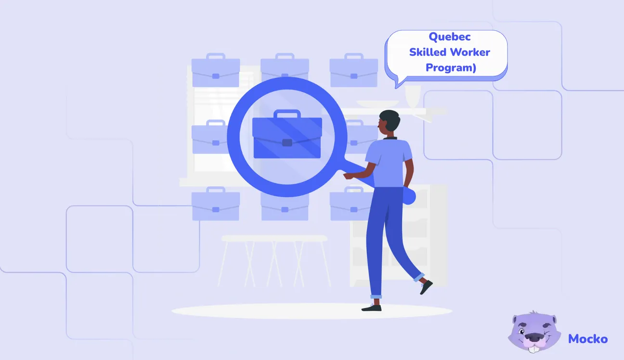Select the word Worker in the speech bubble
(471, 52)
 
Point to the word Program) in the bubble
(451, 67)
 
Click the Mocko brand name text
(587, 339)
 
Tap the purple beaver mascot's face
(534, 331)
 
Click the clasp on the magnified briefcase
(287, 142)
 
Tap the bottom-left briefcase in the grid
(215, 206)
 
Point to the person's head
(389, 122)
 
